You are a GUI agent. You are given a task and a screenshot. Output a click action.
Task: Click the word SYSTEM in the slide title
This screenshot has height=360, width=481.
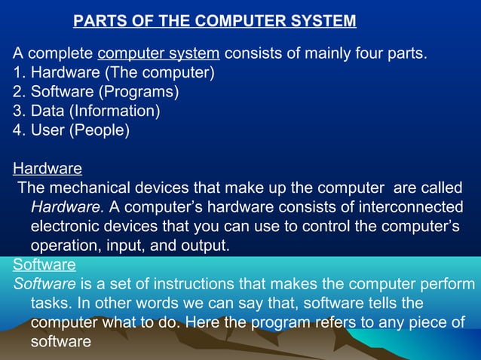(323, 21)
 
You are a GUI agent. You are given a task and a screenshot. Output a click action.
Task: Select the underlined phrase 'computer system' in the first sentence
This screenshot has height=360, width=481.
(159, 54)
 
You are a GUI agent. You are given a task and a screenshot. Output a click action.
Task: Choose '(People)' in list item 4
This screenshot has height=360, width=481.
(102, 130)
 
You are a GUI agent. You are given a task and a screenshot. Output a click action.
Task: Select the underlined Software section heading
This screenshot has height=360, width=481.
(44, 264)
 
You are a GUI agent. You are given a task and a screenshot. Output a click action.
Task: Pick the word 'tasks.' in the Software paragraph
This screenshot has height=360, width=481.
(50, 304)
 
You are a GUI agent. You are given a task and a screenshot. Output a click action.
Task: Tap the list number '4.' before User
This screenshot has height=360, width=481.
(20, 130)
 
